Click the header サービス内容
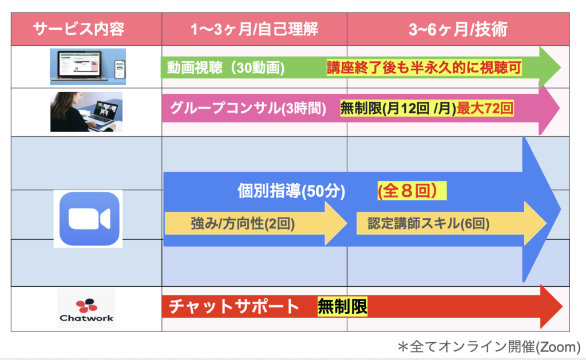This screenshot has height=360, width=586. (79, 29)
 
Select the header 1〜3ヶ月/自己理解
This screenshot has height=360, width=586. (254, 29)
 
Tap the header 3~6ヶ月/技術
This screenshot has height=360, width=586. (458, 29)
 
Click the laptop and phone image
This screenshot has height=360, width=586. (88, 66)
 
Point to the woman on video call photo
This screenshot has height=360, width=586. (86, 112)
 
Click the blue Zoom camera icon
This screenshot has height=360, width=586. (89, 219)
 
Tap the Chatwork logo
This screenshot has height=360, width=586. (86, 308)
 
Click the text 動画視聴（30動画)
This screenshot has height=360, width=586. (225, 68)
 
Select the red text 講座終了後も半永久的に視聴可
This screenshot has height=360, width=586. (424, 68)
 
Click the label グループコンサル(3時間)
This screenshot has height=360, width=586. (248, 108)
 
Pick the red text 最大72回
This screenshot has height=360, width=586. (485, 108)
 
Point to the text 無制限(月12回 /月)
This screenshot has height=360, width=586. (398, 108)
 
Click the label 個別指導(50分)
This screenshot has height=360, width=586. (291, 191)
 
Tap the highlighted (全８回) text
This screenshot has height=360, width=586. (412, 191)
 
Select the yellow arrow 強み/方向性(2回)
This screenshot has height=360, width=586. (256, 224)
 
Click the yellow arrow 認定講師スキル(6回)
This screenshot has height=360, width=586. (452, 224)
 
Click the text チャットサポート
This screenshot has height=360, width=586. (234, 307)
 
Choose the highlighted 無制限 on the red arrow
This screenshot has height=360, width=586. (342, 307)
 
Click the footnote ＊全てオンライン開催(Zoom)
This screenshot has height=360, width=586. (489, 346)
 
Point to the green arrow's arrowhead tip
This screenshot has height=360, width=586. (561, 68)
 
